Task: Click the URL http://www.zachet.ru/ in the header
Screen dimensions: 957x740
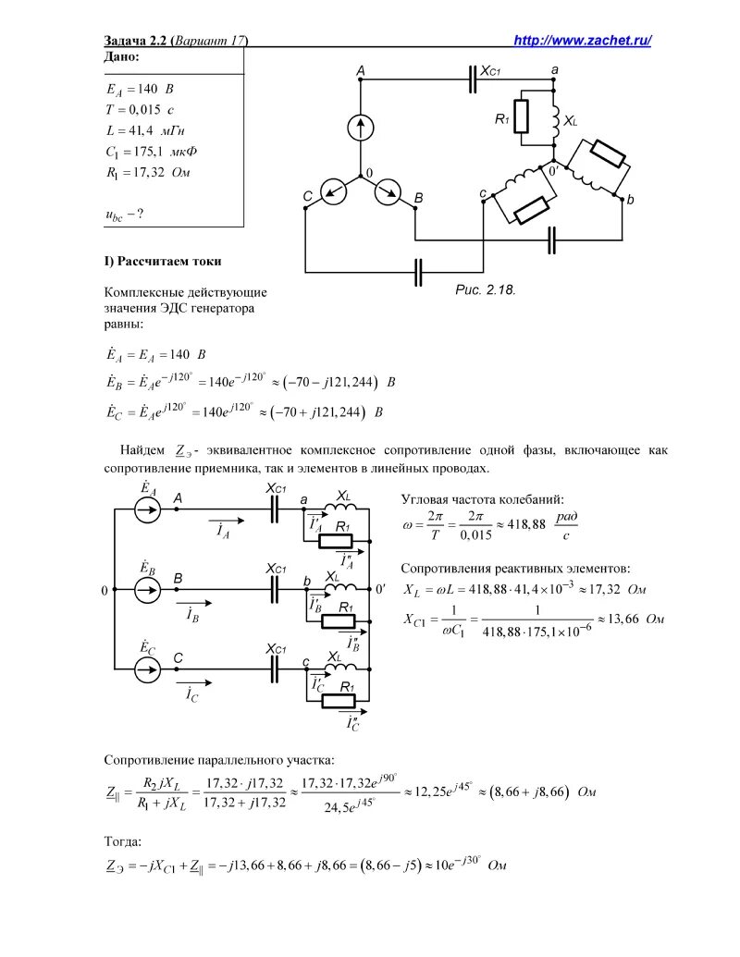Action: (x=583, y=40)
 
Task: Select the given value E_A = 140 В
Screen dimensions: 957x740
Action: (x=140, y=90)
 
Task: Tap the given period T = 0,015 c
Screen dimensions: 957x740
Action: (x=140, y=110)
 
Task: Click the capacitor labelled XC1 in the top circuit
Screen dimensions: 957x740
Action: (x=473, y=80)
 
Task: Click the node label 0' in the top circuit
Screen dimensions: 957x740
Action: (x=553, y=172)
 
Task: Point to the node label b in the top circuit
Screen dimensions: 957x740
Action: (x=630, y=199)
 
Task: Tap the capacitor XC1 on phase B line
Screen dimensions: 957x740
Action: (x=275, y=588)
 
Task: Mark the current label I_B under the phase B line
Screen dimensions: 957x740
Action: (x=191, y=613)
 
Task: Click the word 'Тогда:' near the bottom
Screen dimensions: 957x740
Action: (x=123, y=841)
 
